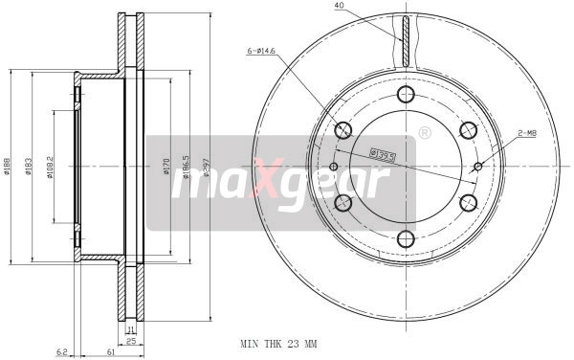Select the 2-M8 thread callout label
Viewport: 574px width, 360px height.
pos(527,134)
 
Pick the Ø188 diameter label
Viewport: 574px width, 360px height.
pos(8,169)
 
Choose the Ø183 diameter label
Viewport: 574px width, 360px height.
pos(32,169)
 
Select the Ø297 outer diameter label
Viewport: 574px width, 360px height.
pos(206,169)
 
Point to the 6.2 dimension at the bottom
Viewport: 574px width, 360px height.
pos(60,352)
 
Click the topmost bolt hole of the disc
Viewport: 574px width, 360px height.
pos(405,95)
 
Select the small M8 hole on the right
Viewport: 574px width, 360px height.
pos(476,166)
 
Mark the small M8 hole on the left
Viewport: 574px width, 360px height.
pos(334,167)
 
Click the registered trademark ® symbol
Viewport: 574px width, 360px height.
pos(424,130)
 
